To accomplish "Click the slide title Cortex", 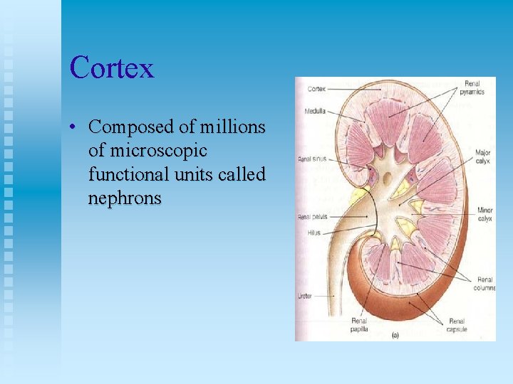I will [x=112, y=68].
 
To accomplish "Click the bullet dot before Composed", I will [x=73, y=128].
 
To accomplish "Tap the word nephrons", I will [x=125, y=198].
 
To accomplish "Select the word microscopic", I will [x=147, y=151].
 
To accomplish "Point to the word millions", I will [x=232, y=127].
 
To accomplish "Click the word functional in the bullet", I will [x=126, y=174].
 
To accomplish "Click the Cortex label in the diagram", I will [x=317, y=90].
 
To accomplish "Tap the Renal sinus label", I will [x=312, y=159].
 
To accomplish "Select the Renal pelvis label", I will [x=313, y=216].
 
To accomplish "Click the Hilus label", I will [x=314, y=232].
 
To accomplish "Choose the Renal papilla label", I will [x=359, y=325].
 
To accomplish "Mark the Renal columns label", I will [x=484, y=284].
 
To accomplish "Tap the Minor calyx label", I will [x=484, y=215].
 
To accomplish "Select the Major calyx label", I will [x=482, y=155].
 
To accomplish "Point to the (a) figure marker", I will [x=395, y=334].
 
